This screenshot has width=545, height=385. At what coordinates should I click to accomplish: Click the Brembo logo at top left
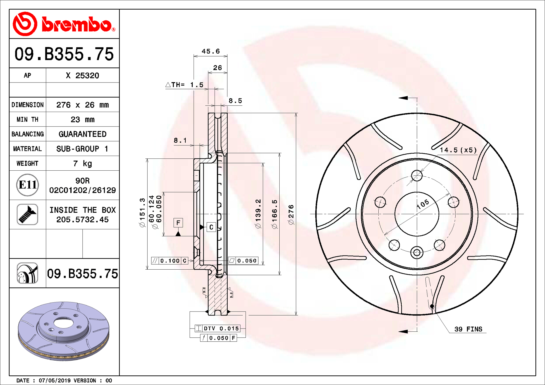point(64,24)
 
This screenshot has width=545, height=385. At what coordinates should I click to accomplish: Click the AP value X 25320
point(82,76)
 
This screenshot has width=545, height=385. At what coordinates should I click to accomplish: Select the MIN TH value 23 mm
point(82,120)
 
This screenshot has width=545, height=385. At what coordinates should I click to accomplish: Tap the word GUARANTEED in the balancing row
point(82,134)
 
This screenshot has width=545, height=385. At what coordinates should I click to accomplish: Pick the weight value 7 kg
point(82,164)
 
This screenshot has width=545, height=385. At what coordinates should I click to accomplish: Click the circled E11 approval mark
point(27,185)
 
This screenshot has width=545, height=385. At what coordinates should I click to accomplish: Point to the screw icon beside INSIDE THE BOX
point(27,215)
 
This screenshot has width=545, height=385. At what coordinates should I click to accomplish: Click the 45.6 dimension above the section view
point(211,51)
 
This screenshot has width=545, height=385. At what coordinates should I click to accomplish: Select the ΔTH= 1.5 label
point(185,85)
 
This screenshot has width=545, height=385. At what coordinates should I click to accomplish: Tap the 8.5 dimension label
point(235,101)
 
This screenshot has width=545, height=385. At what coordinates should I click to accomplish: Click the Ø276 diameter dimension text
point(291,215)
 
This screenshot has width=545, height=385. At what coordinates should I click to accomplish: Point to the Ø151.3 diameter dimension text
point(142,212)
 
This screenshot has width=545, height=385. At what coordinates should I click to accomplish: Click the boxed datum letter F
point(178,223)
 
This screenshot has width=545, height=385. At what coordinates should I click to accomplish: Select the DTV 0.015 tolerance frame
point(218,329)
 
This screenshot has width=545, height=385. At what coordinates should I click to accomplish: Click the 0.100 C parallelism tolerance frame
point(170,261)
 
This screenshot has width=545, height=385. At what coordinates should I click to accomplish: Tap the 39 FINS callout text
point(468,329)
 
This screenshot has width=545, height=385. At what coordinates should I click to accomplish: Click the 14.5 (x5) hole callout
point(458,150)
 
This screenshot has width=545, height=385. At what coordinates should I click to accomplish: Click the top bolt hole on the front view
point(417,175)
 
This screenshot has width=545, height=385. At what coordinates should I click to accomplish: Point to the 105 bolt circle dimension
point(423,204)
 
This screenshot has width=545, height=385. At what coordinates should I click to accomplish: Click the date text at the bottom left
point(64,380)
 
